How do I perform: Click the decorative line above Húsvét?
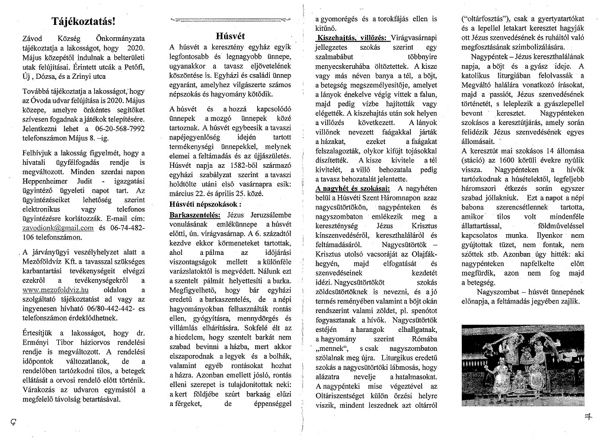tap(230, 20)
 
